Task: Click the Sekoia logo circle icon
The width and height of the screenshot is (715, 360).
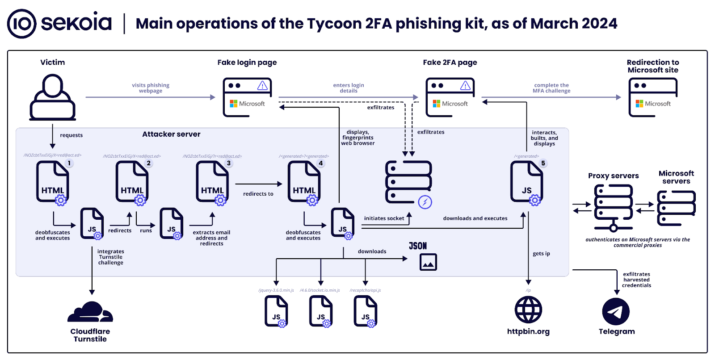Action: click(x=21, y=24)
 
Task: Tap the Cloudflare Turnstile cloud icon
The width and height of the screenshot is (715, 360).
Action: click(x=90, y=312)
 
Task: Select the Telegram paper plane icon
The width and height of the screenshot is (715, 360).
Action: click(x=616, y=312)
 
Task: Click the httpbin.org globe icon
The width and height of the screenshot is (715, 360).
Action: click(x=528, y=310)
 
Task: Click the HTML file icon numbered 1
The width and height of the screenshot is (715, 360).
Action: click(x=53, y=182)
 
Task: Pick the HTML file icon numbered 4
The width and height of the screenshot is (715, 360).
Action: click(x=304, y=182)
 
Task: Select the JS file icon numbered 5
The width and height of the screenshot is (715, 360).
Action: click(x=526, y=182)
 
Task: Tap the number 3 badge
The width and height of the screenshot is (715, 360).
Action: click(x=229, y=163)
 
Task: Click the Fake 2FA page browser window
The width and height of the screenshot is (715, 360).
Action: click(x=450, y=97)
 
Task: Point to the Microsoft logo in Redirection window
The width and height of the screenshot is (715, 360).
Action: click(x=639, y=104)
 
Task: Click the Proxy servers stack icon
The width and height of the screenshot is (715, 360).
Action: click(x=613, y=207)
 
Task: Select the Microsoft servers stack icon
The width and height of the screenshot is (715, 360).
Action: click(x=676, y=207)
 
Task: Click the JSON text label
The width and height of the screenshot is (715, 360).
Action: click(x=418, y=246)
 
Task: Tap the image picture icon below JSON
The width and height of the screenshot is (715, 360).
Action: click(x=428, y=263)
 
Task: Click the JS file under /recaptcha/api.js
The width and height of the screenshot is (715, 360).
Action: click(x=365, y=311)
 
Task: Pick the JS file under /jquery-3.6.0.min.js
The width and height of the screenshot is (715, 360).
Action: click(x=276, y=311)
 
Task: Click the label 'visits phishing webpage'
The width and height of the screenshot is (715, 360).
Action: click(x=151, y=88)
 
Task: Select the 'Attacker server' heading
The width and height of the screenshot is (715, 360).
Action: click(x=171, y=134)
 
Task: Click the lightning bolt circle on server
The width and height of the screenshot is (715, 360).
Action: click(x=425, y=202)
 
